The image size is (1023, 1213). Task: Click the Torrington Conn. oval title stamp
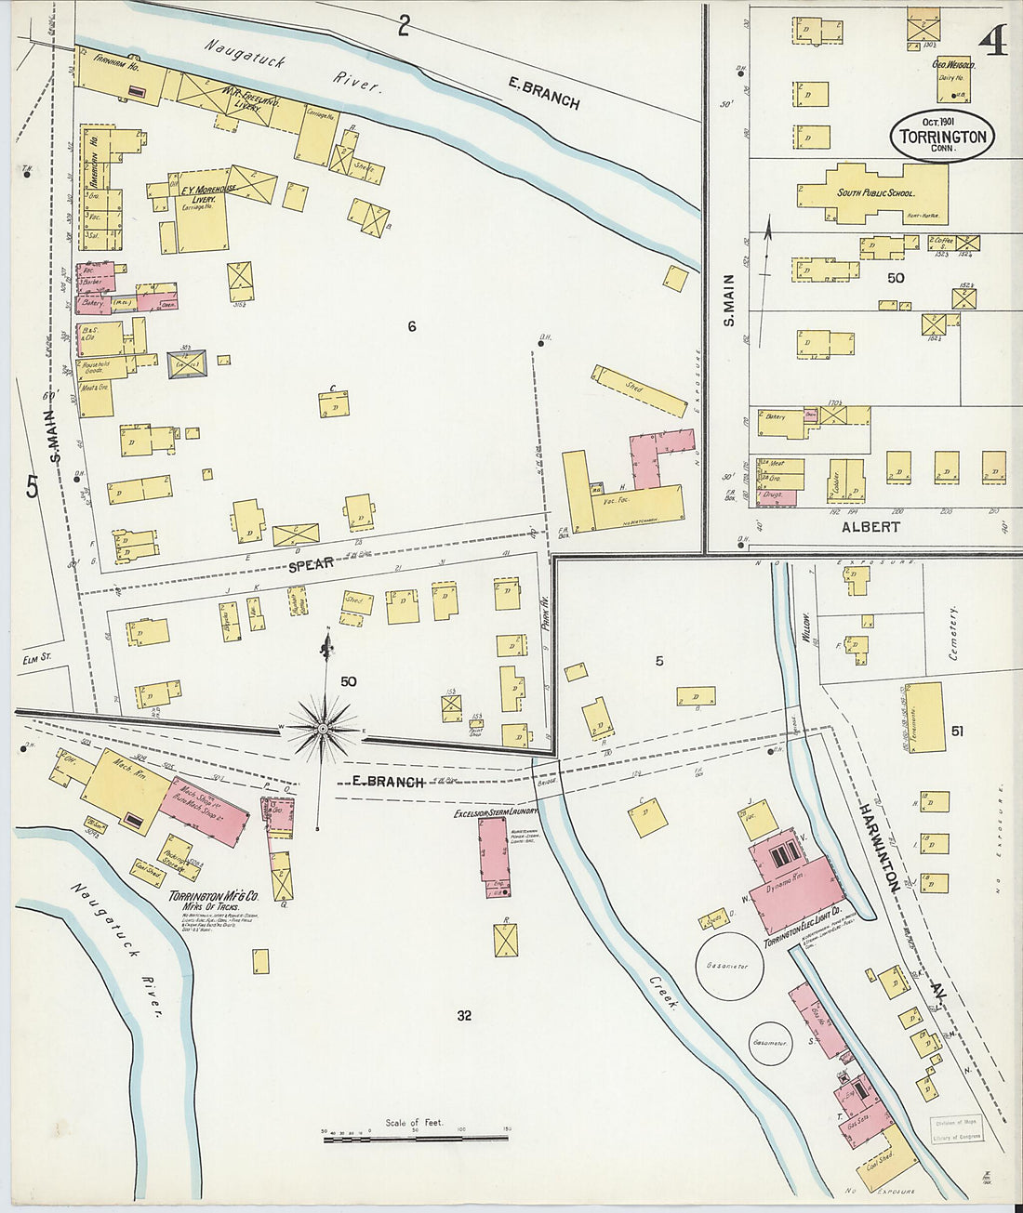click(x=943, y=137)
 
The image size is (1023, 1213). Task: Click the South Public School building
click(x=872, y=193)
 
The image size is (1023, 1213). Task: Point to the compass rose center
click(x=322, y=730)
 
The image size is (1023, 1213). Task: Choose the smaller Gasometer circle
click(x=769, y=1042)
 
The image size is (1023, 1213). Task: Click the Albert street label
click(x=870, y=527)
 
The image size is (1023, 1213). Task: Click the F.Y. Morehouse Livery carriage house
click(x=202, y=221)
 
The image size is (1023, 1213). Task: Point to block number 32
click(x=464, y=1015)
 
